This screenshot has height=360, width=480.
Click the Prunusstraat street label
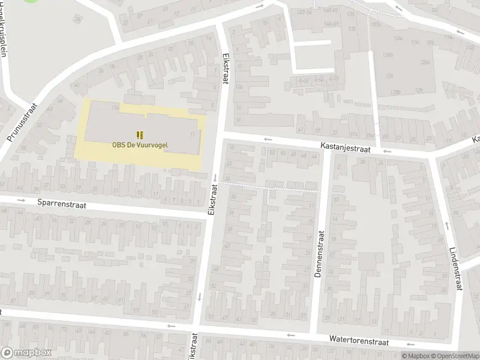pyautogui.click(x=23, y=122)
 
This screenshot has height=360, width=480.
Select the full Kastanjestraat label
pyautogui.click(x=345, y=147)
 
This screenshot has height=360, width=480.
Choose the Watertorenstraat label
pyautogui.click(x=359, y=340)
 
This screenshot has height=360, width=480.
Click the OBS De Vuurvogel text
pyautogui.click(x=139, y=144)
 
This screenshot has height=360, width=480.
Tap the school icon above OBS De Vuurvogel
pyautogui.click(x=140, y=134)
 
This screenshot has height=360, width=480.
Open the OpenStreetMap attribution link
pyautogui.click(x=454, y=356)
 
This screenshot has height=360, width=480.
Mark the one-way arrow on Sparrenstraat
pyautogui.click(x=20, y=200)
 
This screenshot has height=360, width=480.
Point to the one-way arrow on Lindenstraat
pyautogui.click(x=447, y=226)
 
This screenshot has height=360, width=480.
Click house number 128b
pyautogui.click(x=395, y=92)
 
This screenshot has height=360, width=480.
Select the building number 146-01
pyautogui.click(x=331, y=10)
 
